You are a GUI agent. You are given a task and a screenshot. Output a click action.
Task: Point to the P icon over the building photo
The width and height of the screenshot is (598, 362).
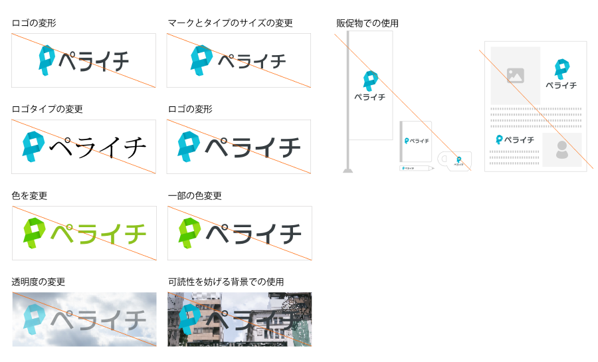(189, 318)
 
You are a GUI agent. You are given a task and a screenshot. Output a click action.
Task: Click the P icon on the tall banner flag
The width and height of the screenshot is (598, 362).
(370, 80)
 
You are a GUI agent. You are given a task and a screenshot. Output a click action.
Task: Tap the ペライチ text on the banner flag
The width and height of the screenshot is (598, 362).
(370, 97)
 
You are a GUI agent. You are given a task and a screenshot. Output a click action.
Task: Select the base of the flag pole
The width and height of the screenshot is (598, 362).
(348, 171)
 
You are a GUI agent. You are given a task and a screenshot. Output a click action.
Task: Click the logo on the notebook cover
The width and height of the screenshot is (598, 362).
(417, 141)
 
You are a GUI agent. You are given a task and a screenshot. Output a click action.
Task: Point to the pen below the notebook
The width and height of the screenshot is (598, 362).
(416, 169)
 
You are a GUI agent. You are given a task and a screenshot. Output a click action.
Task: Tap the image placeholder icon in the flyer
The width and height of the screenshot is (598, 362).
(516, 76)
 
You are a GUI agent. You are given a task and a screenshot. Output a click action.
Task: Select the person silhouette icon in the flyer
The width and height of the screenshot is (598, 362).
(562, 150)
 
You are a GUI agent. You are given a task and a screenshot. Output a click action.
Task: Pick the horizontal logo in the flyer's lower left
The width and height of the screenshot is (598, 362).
(514, 139)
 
